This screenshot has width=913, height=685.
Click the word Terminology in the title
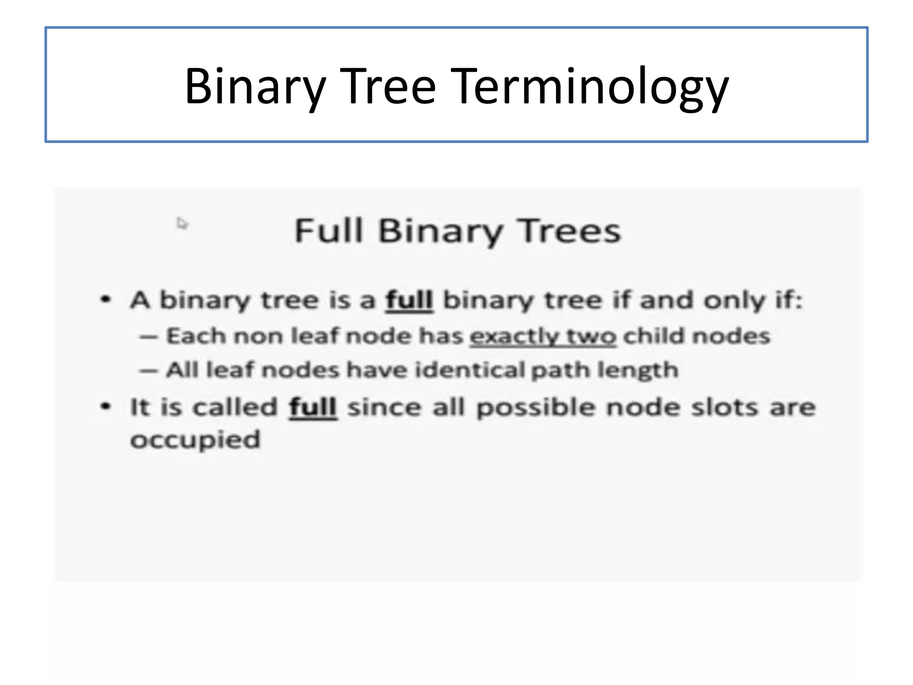tap(591, 86)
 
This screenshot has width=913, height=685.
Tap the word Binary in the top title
tap(255, 86)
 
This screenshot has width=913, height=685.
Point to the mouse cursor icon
tap(181, 223)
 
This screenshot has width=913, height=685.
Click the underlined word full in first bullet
tap(409, 300)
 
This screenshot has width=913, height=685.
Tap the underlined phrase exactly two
tap(543, 336)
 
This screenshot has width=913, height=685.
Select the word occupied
tap(195, 440)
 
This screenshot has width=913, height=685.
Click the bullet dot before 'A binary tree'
tap(105, 299)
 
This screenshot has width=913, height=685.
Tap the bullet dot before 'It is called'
tap(105, 406)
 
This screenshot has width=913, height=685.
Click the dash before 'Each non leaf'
tap(148, 337)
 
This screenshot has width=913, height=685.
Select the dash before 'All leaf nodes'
tap(148, 371)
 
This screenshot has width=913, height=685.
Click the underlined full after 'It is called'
tap(313, 407)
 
